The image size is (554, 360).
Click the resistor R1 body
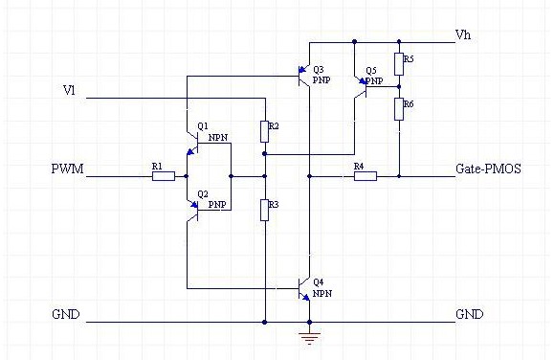point(164,176)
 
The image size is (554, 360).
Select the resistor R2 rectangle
point(265,131)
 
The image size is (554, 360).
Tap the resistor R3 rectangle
point(265,210)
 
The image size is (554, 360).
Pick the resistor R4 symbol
point(366,176)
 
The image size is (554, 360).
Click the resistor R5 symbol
point(399,64)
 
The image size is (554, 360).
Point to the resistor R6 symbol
point(399,109)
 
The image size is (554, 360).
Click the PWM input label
point(68,169)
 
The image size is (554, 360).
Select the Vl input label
point(69,91)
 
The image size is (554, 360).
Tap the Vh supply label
point(463,35)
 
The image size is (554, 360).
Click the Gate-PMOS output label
point(488,169)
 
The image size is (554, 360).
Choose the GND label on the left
point(66,314)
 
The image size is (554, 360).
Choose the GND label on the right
point(470,314)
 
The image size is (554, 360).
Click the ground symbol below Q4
point(309,338)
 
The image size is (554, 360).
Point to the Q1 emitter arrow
point(190,151)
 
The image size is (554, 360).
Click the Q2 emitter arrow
point(193,204)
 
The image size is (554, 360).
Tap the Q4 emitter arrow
point(305,298)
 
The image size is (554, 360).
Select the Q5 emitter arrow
point(362,81)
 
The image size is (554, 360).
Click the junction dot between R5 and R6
point(399,86)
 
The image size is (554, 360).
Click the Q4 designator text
point(319,281)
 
